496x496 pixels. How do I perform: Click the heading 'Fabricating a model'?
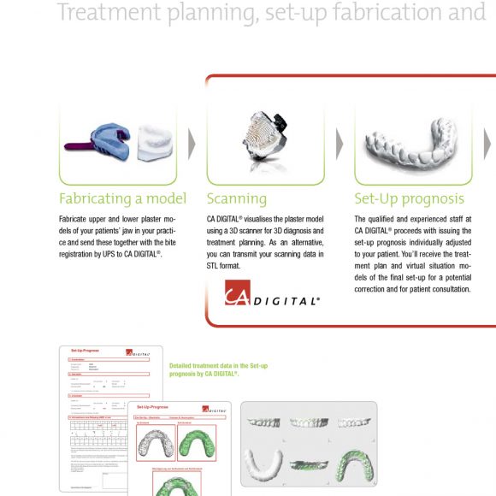tap(122, 199)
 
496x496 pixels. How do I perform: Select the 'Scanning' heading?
tap(237, 199)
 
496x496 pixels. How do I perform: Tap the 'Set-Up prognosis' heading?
tap(410, 199)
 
